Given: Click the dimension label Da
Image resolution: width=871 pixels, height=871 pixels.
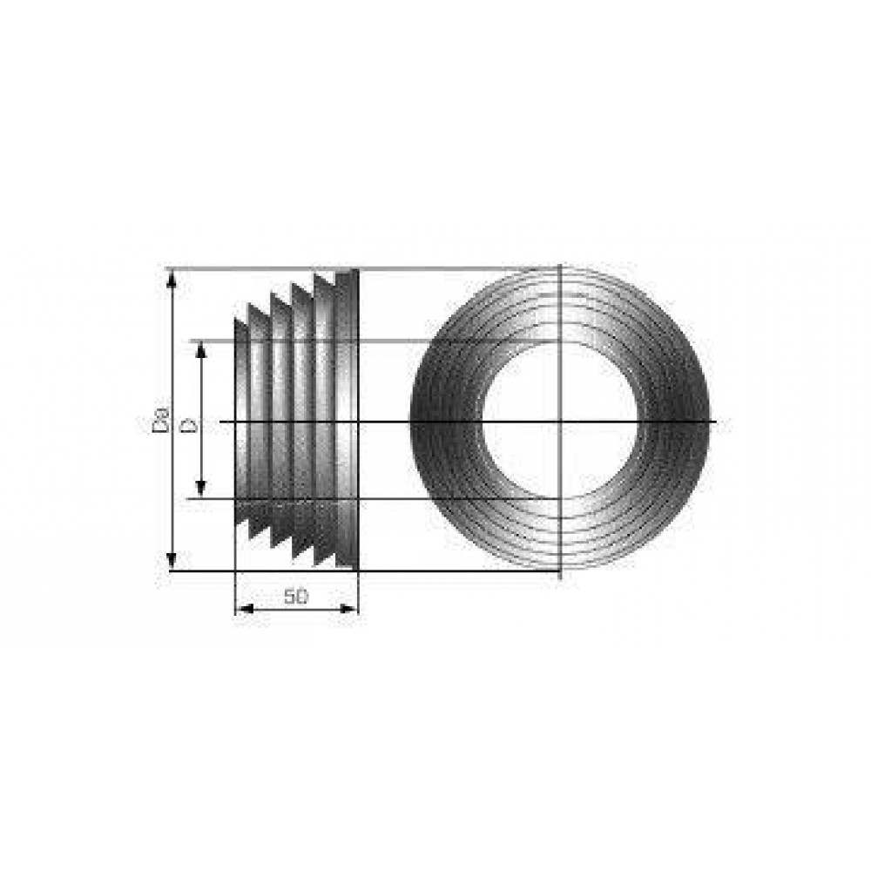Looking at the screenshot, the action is [x=160, y=420].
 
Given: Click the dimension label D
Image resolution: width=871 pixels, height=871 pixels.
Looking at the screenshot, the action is [x=189, y=426].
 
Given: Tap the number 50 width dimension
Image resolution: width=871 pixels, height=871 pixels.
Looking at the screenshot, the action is [x=295, y=597].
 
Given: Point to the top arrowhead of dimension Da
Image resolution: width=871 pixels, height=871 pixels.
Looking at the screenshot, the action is [x=172, y=280].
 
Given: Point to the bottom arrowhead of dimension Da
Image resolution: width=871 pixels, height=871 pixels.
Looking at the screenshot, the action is [x=172, y=561].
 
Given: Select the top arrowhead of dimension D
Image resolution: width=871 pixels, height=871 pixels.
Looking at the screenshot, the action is [x=201, y=350].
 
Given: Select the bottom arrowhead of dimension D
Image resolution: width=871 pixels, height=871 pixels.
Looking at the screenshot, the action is [x=201, y=488].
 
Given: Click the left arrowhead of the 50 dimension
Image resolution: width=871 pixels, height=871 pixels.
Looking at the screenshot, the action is [x=245, y=610].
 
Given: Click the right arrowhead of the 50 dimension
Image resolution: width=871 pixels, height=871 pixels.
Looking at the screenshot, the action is [x=348, y=610].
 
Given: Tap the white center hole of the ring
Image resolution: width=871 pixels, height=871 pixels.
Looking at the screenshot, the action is [x=560, y=421].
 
